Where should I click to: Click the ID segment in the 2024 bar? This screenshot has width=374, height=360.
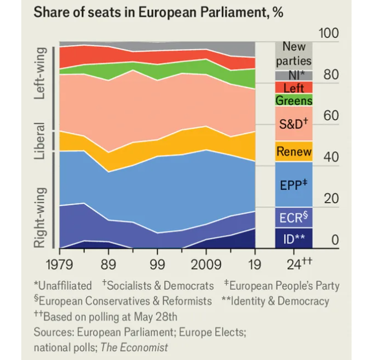point(294,238)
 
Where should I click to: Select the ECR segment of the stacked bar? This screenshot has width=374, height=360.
point(294,218)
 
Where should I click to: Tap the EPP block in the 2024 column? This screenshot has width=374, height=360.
point(294,184)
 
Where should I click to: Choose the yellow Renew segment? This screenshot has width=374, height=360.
point(294,152)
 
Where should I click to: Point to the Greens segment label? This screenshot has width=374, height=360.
point(294,100)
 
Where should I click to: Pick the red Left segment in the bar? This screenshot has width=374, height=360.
point(294,87)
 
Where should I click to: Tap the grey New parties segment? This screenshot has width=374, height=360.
point(294,55)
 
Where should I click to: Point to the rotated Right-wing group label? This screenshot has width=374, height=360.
point(40,217)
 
